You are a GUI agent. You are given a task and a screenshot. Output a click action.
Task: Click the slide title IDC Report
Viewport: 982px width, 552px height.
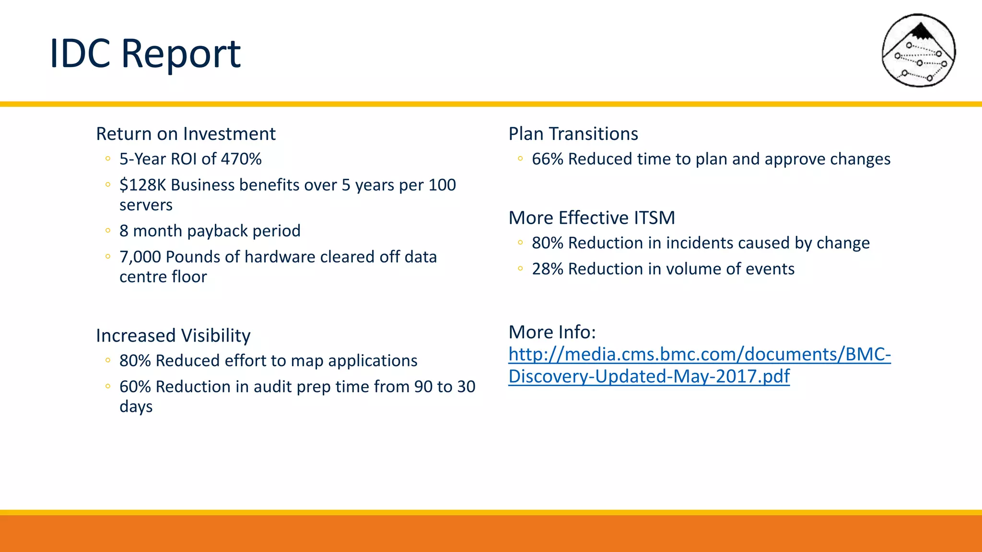pyautogui.click(x=145, y=54)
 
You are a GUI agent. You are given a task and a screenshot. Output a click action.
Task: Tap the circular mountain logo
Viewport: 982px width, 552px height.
pyautogui.click(x=919, y=51)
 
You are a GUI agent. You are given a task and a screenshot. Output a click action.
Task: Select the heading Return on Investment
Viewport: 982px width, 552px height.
pyautogui.click(x=186, y=134)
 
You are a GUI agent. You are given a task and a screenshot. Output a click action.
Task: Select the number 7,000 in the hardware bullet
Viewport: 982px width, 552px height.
pyautogui.click(x=140, y=257)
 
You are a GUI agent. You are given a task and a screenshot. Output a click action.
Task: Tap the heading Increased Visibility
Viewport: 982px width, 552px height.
pyautogui.click(x=173, y=335)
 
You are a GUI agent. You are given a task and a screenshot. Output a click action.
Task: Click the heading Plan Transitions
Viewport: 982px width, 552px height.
pyautogui.click(x=573, y=134)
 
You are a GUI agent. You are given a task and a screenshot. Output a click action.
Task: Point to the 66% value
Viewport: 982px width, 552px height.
pyautogui.click(x=547, y=159)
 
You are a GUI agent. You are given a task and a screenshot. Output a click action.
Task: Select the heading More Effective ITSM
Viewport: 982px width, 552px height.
pyautogui.click(x=592, y=218)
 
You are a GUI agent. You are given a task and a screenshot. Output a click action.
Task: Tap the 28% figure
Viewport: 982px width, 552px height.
pyautogui.click(x=547, y=269)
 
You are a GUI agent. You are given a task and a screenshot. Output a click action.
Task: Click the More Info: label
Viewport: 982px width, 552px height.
pyautogui.click(x=552, y=332)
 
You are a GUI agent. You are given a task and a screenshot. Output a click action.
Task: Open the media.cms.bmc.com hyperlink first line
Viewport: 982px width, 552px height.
pyautogui.click(x=699, y=355)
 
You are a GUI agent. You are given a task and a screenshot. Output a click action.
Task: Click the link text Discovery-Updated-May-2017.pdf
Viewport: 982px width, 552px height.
pyautogui.click(x=649, y=377)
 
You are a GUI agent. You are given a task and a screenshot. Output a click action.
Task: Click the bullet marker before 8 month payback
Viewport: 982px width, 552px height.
pyautogui.click(x=108, y=231)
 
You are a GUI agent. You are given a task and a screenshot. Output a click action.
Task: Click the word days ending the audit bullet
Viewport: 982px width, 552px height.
pyautogui.click(x=136, y=407)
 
